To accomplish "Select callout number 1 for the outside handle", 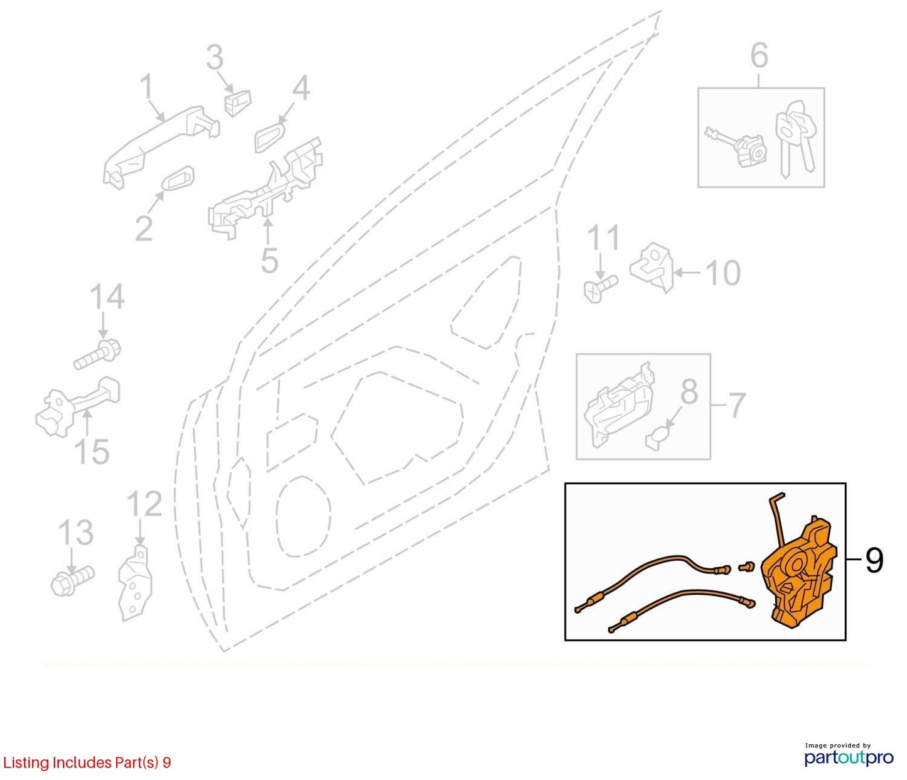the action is (148, 87).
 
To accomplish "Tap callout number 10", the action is (722, 273).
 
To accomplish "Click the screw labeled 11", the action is (600, 288).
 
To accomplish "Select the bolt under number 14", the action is (97, 355).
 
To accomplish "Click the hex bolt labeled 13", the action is (72, 580).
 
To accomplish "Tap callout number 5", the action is (269, 260).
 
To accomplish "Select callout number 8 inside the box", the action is (689, 391).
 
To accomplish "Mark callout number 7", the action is (736, 405).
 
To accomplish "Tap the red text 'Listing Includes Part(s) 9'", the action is (87, 762).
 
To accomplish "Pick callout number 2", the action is (144, 228).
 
